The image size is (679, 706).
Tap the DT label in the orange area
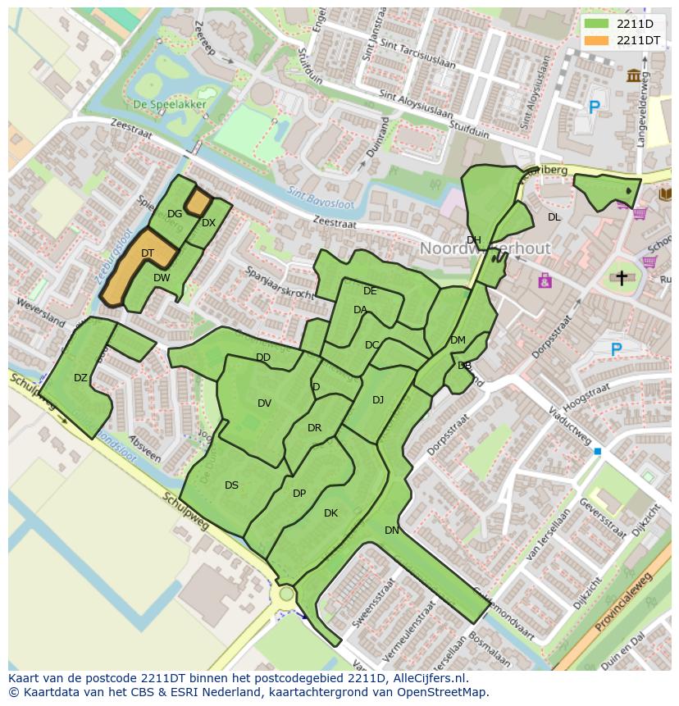[148, 253]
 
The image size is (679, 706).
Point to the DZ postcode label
[80, 378]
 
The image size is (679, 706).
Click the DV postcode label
[264, 403]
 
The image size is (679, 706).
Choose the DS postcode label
[231, 485]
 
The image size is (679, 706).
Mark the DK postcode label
[330, 513]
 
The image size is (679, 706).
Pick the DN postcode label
[392, 531]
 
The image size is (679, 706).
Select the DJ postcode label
[378, 400]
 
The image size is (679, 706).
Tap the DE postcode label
[370, 291]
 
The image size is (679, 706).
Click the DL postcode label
[554, 217]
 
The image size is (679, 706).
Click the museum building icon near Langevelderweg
[634, 76]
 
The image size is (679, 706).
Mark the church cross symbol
[622, 278]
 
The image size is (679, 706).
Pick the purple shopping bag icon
[545, 281]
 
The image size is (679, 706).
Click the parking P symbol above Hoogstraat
[616, 349]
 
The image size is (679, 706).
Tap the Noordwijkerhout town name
[485, 248]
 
